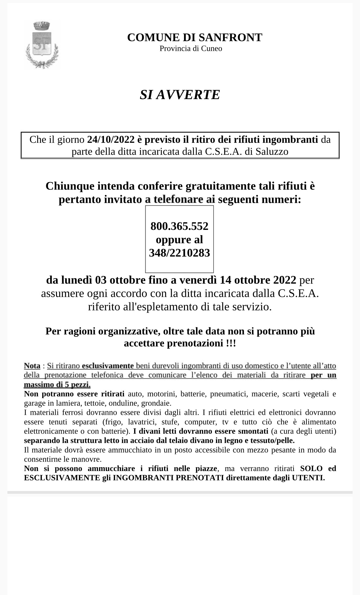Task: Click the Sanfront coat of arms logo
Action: [x=42, y=45]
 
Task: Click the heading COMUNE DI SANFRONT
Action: [x=194, y=38]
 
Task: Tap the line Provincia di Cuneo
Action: [x=191, y=49]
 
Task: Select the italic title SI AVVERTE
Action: [x=180, y=95]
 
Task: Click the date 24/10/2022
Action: [x=111, y=140]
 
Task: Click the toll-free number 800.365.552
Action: [x=179, y=226]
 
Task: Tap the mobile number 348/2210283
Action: [x=179, y=253]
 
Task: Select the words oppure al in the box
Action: [x=179, y=240]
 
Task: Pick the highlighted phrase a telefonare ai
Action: [x=180, y=200]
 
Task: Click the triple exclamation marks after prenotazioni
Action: [x=231, y=343]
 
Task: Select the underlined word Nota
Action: [x=32, y=366]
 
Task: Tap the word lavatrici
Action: [x=142, y=422]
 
